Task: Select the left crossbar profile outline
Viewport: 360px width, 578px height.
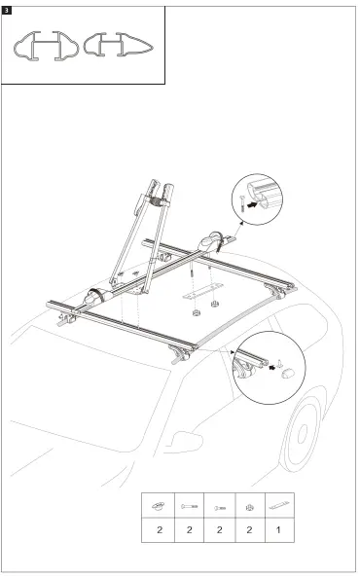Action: click(42, 48)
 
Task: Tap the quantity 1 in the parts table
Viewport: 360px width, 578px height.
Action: click(280, 530)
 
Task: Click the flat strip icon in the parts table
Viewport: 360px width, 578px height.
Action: click(280, 506)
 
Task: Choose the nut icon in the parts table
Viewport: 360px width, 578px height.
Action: click(250, 506)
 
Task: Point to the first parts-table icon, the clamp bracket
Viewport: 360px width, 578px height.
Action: click(159, 506)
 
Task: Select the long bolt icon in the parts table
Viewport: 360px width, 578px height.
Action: click(189, 506)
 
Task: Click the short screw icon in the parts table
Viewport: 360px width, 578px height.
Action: click(219, 506)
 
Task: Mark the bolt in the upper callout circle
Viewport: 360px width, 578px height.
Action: click(238, 204)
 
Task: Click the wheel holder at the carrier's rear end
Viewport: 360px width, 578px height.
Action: click(212, 239)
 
